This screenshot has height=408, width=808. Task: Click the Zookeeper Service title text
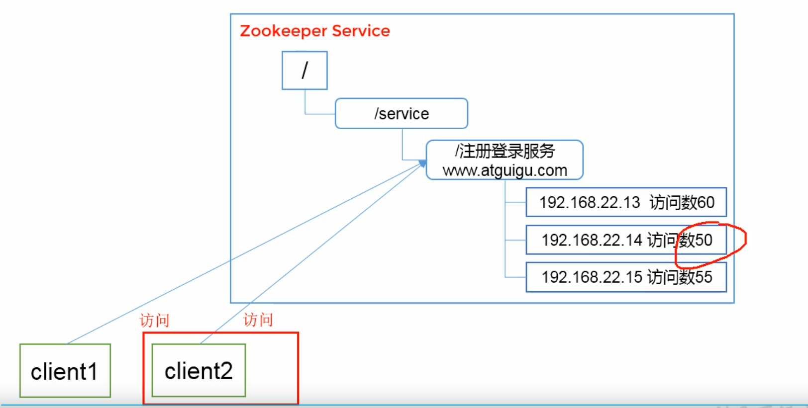click(x=314, y=31)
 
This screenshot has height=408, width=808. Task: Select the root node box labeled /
click(x=304, y=71)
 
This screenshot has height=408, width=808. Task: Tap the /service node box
click(x=401, y=114)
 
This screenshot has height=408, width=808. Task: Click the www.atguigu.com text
click(x=505, y=170)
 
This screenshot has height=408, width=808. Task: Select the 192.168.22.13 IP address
click(x=590, y=202)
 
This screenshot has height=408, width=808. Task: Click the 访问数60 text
click(x=682, y=202)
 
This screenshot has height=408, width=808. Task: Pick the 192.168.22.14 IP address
click(x=592, y=240)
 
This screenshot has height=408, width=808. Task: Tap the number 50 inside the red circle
click(x=704, y=240)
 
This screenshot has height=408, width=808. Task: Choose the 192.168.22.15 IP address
click(x=592, y=277)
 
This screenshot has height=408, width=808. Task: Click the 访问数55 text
click(x=680, y=277)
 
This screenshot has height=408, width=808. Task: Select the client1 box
click(x=65, y=371)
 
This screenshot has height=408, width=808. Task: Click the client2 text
click(x=199, y=371)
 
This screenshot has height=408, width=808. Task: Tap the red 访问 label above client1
click(x=154, y=321)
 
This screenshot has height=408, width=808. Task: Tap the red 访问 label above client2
click(x=258, y=320)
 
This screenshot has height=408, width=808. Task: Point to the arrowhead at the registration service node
click(x=422, y=163)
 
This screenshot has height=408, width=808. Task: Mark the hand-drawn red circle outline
click(x=745, y=239)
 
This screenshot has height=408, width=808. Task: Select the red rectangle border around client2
click(x=298, y=368)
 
